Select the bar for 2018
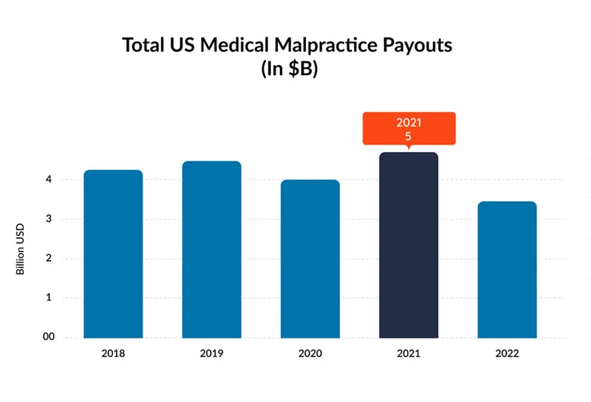(x=113, y=254)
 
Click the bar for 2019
(x=211, y=250)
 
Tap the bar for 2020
(x=310, y=259)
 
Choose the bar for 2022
(x=507, y=270)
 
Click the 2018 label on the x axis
(x=113, y=353)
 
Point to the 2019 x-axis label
(x=211, y=353)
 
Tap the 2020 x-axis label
(x=310, y=353)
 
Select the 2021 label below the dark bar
(x=409, y=353)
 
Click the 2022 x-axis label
(x=507, y=353)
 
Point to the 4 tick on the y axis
(x=48, y=179)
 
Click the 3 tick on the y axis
(x=48, y=219)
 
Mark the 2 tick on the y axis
(x=48, y=258)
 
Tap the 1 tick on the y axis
(x=48, y=298)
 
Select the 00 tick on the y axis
(x=48, y=337)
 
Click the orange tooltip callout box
(x=409, y=128)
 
